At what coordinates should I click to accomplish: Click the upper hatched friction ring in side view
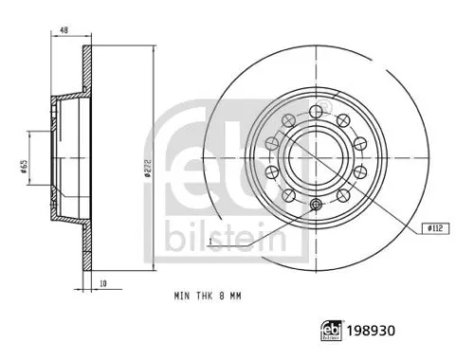[89, 71]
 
